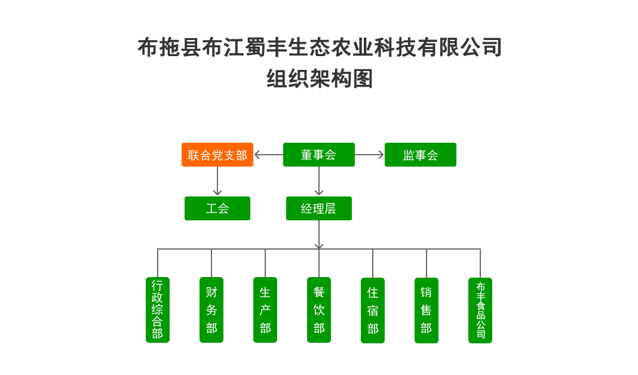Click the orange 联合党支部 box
[217, 155]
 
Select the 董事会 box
[319, 155]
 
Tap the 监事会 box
[421, 155]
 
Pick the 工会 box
[217, 208]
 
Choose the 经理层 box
[319, 208]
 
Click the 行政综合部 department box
[158, 310]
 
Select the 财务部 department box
[211, 310]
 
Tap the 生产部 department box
[265, 310]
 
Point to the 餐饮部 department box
[319, 310]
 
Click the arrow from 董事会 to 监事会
[370, 155]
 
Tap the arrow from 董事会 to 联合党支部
[268, 155]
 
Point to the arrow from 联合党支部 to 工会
[217, 181]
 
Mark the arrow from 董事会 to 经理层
[319, 181]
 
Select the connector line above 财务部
[211, 263]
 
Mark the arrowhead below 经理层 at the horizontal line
[319, 245]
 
